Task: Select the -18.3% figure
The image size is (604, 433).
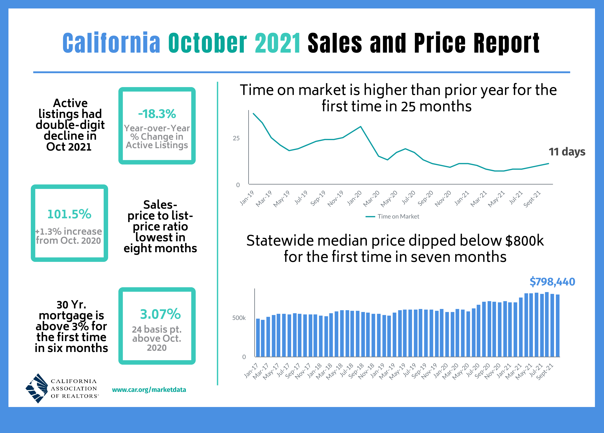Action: [x=157, y=114]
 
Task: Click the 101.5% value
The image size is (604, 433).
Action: [x=69, y=214]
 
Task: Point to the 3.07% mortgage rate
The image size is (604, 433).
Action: [x=160, y=314]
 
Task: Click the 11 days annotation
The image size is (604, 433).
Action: [x=567, y=152]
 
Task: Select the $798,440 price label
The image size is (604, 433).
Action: [x=552, y=282]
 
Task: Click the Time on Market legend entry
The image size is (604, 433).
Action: [x=392, y=216]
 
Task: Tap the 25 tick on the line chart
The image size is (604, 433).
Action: [x=236, y=138]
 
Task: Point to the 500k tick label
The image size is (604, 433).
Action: [x=239, y=318]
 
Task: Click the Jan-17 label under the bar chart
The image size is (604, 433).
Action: [x=251, y=371]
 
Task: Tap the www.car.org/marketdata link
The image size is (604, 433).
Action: [x=149, y=390]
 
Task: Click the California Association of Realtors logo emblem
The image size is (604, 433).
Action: [x=37, y=388]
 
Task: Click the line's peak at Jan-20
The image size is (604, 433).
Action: [x=361, y=126]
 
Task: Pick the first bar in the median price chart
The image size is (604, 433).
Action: [x=258, y=337]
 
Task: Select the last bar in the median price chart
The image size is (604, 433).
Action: [x=558, y=326]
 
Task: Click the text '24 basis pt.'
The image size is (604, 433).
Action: [x=157, y=330]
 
